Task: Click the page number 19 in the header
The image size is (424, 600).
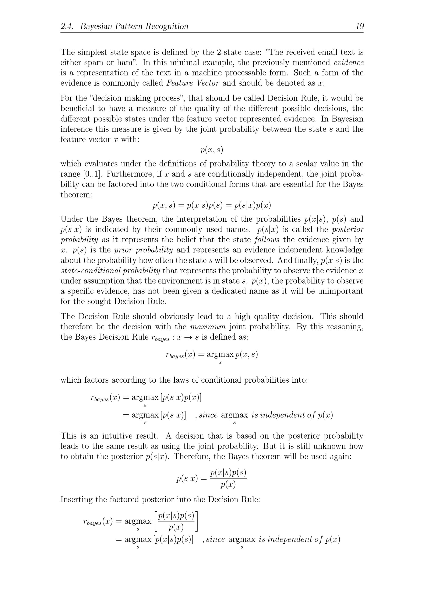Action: tap(360, 26)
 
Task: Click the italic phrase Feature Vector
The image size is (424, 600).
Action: tap(193, 83)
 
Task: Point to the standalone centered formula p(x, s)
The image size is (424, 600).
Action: tap(212, 150)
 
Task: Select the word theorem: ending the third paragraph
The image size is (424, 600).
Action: tap(76, 195)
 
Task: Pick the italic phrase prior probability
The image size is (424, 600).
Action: tap(144, 250)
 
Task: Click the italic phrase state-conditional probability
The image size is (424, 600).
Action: tap(110, 271)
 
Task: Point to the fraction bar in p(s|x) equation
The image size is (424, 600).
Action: tap(228, 478)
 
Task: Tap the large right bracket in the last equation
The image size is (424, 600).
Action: tap(197, 521)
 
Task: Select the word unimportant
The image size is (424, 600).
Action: tap(340, 291)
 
